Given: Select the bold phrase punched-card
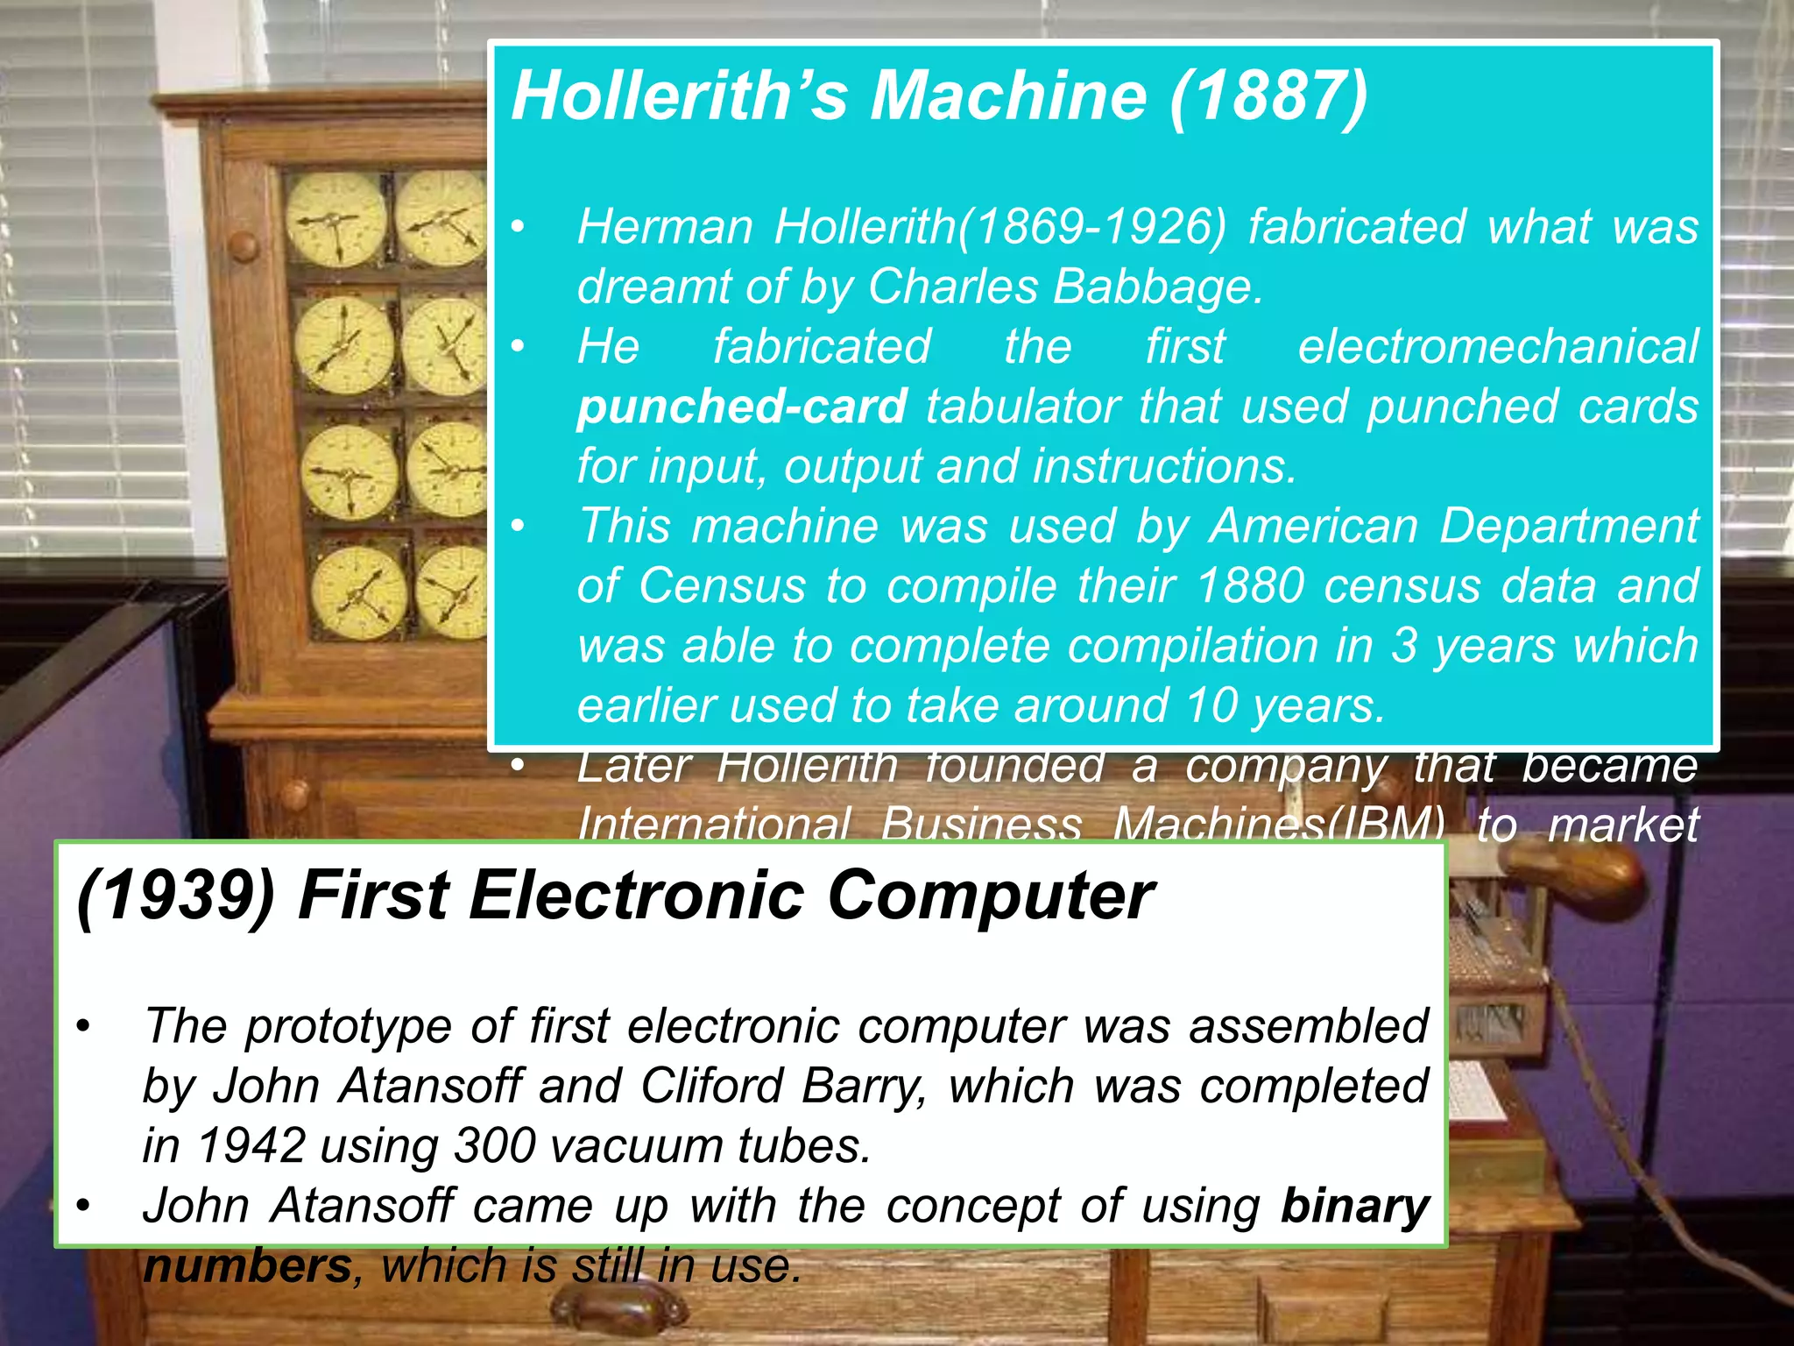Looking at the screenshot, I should [x=741, y=407].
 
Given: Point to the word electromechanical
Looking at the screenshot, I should [x=1498, y=346].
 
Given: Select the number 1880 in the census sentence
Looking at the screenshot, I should [x=1250, y=585].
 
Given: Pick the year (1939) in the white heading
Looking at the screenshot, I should [x=175, y=896].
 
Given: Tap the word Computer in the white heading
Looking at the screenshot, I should [x=990, y=896].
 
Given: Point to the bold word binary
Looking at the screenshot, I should [x=1354, y=1207].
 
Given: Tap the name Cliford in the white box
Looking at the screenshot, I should [x=711, y=1086].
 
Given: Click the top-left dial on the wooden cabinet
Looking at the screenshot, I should [x=335, y=219].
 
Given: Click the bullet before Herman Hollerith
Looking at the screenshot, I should [x=519, y=227].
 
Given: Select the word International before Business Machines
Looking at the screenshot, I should [x=713, y=824].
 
